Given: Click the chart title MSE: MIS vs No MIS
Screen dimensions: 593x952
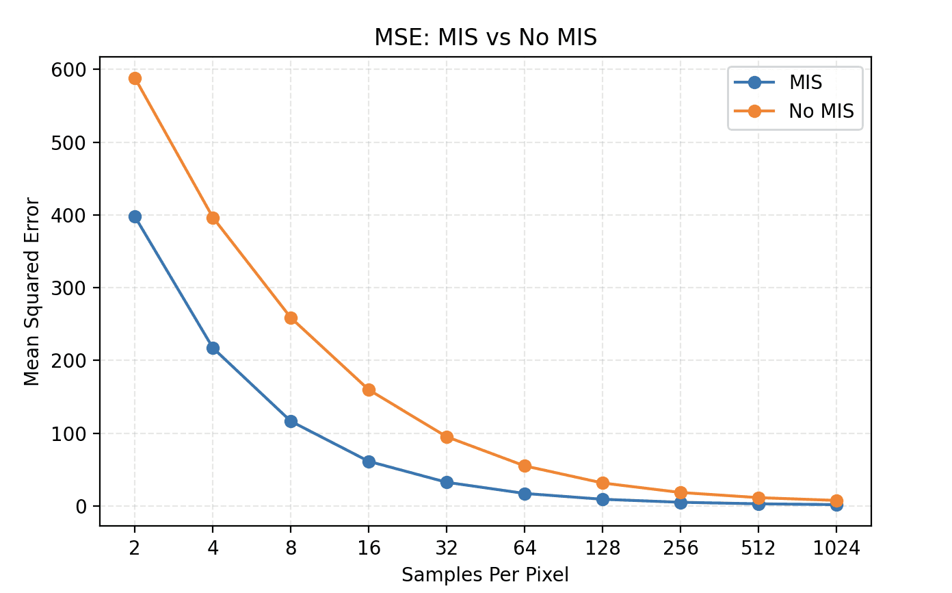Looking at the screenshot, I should [486, 38].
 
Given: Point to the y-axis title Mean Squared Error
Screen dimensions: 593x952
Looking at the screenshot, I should [31, 292].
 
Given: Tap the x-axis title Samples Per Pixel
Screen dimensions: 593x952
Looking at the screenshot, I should [485, 575].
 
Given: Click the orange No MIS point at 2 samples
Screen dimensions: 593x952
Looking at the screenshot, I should [135, 78].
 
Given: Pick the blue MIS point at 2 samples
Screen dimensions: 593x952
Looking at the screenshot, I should [135, 216].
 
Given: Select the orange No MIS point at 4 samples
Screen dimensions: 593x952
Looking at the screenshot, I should [213, 218].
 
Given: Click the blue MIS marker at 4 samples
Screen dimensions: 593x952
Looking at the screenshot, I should [213, 348].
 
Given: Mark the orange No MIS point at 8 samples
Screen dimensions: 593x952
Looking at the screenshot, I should [291, 318].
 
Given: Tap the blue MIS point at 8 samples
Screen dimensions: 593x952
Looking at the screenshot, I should [291, 421].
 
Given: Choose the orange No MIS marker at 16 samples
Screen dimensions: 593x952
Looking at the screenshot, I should [369, 390].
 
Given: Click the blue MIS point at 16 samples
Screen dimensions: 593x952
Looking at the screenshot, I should [369, 462].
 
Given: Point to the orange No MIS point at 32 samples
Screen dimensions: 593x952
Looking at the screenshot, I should [447, 437].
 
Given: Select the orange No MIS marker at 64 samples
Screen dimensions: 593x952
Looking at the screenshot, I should [525, 466].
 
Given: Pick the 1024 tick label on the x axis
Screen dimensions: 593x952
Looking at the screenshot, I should [836, 548].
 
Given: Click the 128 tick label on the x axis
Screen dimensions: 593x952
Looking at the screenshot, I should [603, 548].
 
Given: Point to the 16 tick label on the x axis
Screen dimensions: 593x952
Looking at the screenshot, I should [369, 548].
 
